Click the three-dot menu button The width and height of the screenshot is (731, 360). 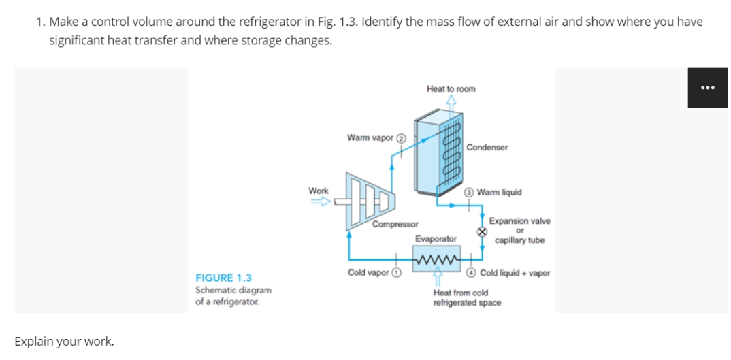(x=707, y=88)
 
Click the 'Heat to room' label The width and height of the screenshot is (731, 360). (x=451, y=89)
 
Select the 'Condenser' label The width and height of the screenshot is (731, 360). (x=487, y=147)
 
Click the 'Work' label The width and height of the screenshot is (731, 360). (x=319, y=191)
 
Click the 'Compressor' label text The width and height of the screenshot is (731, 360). (x=395, y=224)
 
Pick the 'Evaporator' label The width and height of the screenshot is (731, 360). (x=436, y=239)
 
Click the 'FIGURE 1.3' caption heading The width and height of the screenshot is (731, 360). (x=223, y=278)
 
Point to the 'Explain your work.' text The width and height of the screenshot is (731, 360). (x=64, y=341)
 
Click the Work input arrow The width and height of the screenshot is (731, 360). (x=321, y=201)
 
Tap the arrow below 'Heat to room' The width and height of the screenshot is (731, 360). (x=451, y=102)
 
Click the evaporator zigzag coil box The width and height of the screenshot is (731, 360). (x=436, y=258)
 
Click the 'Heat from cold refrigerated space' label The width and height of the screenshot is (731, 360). (x=467, y=297)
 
